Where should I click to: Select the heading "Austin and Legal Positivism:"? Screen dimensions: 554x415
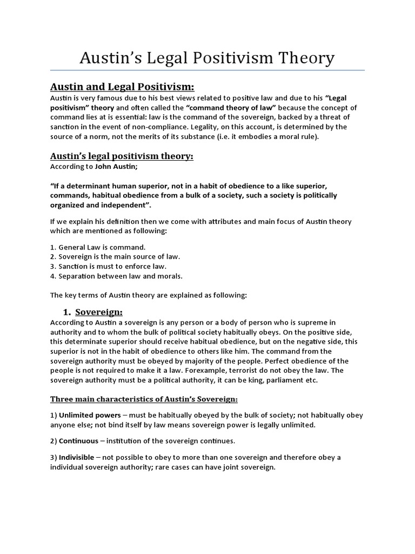coord(122,87)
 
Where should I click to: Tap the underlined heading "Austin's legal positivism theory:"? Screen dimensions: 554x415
coord(122,156)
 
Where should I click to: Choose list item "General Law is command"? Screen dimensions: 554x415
coord(98,247)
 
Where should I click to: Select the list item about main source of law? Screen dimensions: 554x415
coord(115,256)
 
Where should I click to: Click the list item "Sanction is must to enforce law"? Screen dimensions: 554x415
coord(109,266)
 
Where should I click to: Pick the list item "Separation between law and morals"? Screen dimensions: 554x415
coord(116,276)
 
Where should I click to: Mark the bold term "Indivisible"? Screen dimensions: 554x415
coord(76,457)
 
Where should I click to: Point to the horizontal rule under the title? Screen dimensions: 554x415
coord(207,70)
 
